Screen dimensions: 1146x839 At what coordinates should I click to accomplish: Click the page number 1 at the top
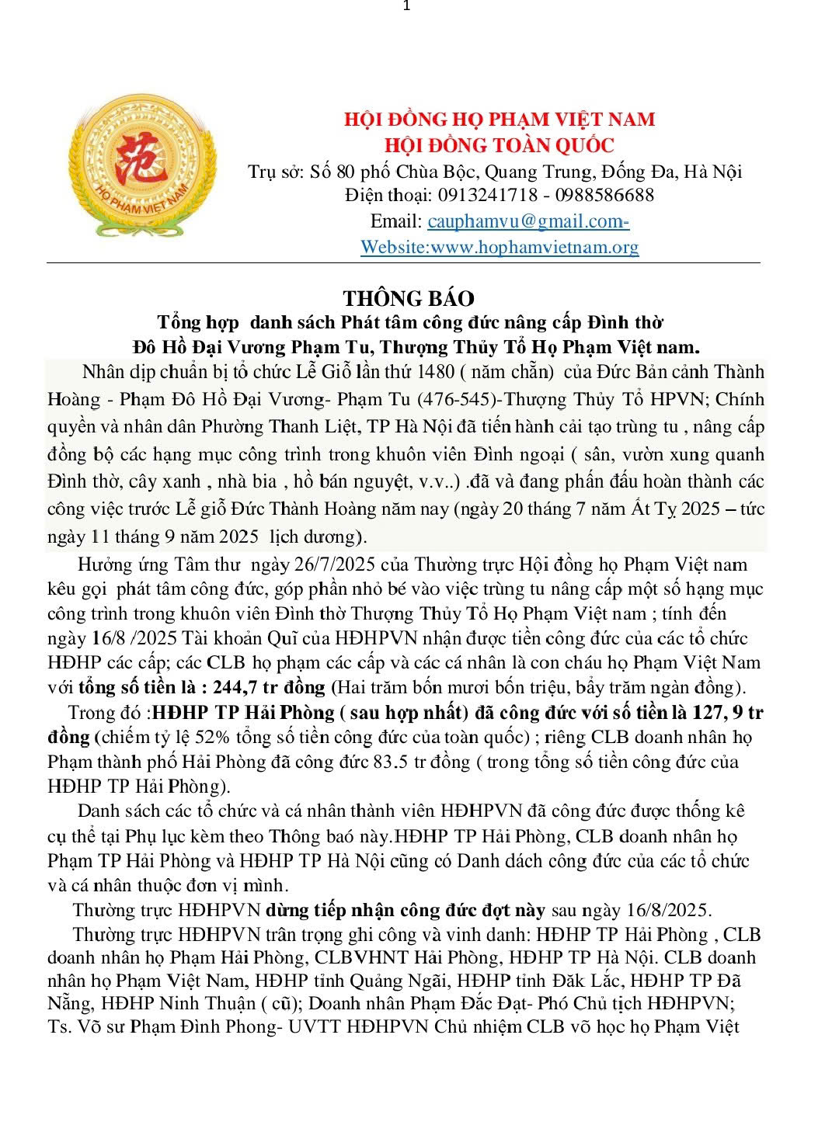coord(406,7)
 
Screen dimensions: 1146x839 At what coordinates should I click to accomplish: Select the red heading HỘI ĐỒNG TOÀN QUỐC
coord(499,145)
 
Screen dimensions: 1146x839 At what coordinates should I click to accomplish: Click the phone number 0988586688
coord(604,195)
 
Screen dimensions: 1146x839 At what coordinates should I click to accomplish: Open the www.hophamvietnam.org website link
coord(534,247)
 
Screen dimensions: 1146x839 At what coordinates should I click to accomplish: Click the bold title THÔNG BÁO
coord(409,298)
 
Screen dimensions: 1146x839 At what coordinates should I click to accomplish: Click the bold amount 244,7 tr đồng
coord(270,687)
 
